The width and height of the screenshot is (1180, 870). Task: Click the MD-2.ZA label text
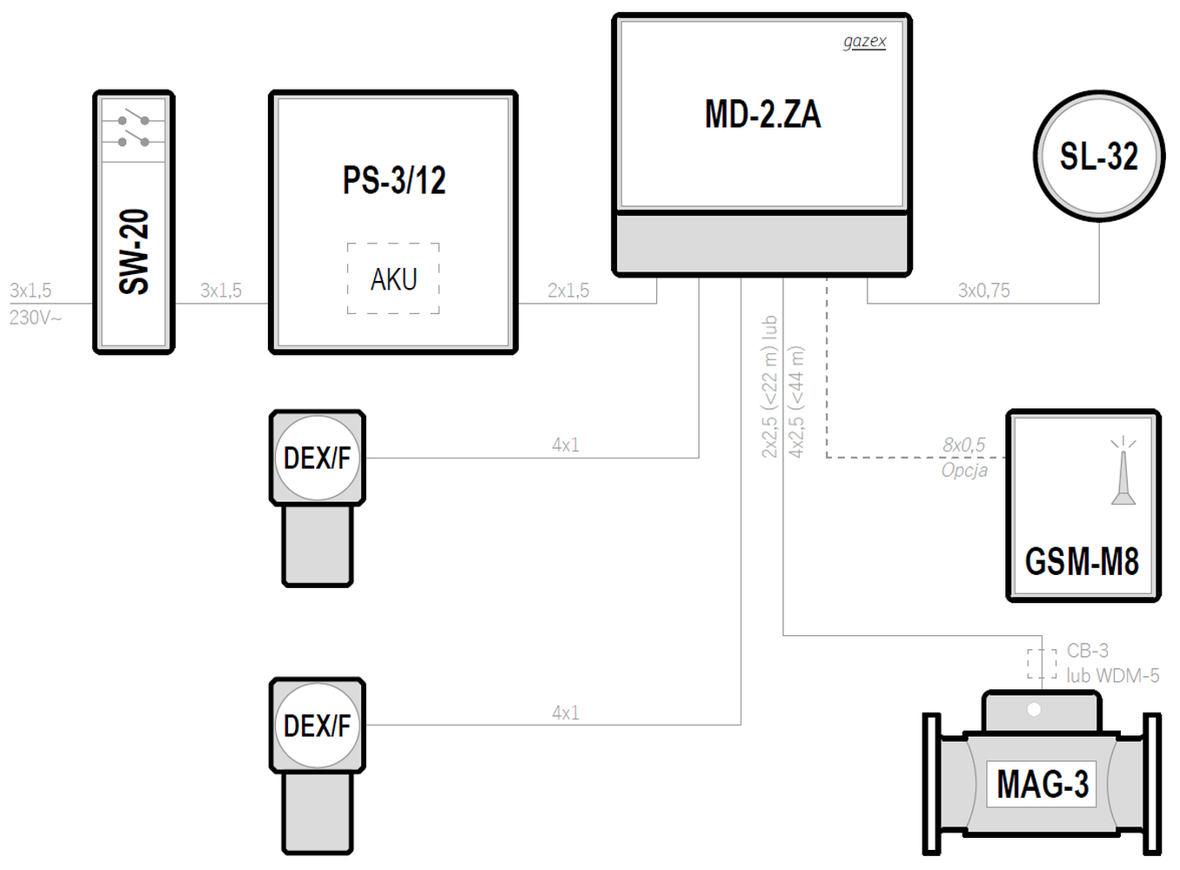(x=763, y=114)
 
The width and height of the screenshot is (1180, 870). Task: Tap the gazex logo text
(x=864, y=42)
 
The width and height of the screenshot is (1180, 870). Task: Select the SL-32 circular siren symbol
(x=1099, y=156)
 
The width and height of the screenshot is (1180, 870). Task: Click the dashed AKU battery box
(x=393, y=278)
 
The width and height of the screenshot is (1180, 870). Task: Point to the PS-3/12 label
(x=394, y=180)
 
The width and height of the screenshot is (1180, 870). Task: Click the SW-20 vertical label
(x=134, y=251)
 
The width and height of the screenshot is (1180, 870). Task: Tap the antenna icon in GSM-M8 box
(x=1123, y=471)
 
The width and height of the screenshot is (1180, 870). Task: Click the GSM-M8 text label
(x=1082, y=561)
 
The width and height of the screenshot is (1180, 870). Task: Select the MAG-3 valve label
(x=1043, y=784)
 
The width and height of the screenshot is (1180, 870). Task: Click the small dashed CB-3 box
(x=1042, y=664)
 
